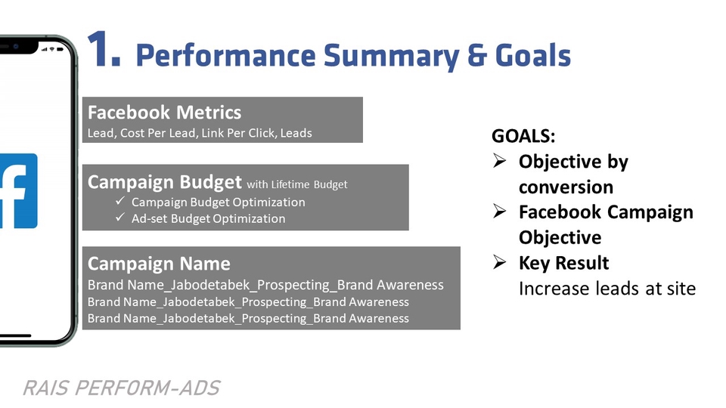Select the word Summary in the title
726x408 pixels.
[x=391, y=56]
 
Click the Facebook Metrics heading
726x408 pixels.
[x=164, y=113]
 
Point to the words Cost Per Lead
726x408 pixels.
[x=157, y=133]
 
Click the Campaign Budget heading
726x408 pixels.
[x=164, y=182]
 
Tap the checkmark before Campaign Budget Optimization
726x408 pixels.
[x=120, y=201]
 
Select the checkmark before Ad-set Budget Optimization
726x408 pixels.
[x=120, y=217]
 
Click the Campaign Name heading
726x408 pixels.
[x=159, y=264]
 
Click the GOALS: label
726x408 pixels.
[x=523, y=136]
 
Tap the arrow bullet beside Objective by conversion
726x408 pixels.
[x=500, y=160]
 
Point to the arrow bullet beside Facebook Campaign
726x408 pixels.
[x=500, y=211]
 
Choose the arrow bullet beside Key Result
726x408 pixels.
[x=500, y=262]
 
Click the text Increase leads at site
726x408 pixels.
[x=607, y=289]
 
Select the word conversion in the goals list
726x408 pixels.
[x=566, y=187]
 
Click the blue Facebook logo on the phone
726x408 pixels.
[x=18, y=190]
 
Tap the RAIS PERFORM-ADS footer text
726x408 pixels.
[x=121, y=388]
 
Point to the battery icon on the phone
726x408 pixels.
[x=60, y=49]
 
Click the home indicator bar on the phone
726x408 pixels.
[x=15, y=335]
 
